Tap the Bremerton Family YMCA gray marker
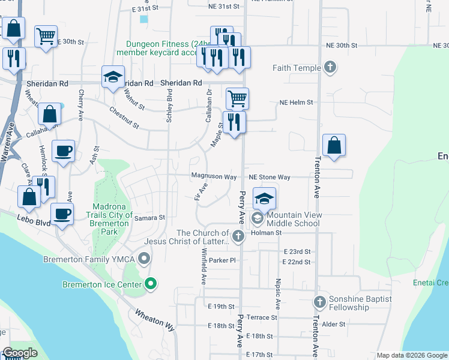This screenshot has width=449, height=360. coord(144,259)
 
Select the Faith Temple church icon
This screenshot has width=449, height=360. coord(329,67)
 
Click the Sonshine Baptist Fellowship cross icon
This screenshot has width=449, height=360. coord(319,301)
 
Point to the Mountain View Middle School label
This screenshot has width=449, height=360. coord(294,219)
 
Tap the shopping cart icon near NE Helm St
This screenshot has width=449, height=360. coord(237,97)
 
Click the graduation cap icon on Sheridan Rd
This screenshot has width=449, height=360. coord(112,76)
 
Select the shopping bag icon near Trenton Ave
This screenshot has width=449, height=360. coord(334,145)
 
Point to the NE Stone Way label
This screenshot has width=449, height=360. coord(270,177)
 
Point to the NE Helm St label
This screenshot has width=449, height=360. coord(296,103)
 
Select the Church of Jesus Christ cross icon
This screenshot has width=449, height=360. coord(238,236)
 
